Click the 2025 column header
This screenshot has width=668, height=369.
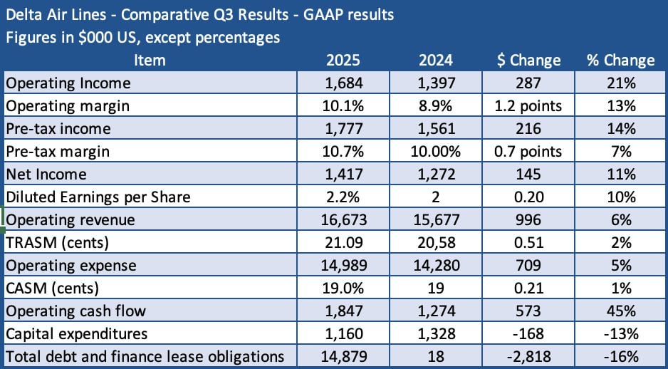point(345,60)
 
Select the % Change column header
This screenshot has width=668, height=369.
point(620,60)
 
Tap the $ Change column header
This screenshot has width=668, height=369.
point(528,60)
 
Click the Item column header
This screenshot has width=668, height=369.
point(149,60)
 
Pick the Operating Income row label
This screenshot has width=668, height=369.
point(68,83)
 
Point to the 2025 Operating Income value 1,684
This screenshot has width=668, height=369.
point(345,83)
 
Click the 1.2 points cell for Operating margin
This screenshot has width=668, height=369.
point(528,106)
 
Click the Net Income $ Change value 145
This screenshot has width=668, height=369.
point(528,175)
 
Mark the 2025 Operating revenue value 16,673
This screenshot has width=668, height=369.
point(345,220)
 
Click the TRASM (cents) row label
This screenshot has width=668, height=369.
point(57,243)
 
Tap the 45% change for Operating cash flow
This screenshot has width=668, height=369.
point(620,311)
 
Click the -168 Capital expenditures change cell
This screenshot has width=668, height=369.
point(528,334)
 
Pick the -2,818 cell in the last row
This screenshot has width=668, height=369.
point(528,357)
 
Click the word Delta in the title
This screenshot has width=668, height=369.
point(24,14)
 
